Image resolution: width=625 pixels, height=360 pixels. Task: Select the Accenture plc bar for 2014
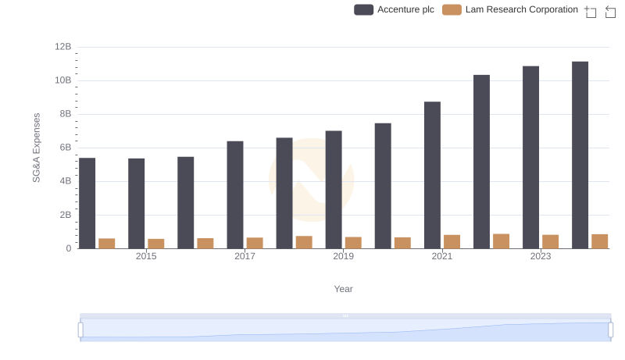(87, 203)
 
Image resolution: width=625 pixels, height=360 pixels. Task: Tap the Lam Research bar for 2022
(501, 241)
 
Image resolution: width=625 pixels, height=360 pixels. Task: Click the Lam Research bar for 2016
(205, 243)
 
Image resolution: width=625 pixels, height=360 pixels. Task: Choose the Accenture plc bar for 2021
(432, 175)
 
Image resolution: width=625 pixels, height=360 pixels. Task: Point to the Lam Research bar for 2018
(304, 242)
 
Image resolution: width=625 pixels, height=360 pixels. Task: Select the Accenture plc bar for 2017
(235, 194)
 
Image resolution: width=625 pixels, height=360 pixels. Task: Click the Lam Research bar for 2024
(599, 241)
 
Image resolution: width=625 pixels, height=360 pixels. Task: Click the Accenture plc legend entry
(395, 9)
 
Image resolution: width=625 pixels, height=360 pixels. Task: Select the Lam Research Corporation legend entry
(510, 9)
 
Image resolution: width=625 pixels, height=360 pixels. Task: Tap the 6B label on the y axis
(65, 148)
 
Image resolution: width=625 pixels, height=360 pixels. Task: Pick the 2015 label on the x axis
(146, 256)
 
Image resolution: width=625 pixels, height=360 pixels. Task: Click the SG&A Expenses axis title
(36, 148)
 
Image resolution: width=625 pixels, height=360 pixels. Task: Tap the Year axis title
(344, 289)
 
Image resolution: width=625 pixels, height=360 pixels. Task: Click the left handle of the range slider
(80, 330)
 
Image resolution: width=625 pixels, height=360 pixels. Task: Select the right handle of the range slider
(611, 330)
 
